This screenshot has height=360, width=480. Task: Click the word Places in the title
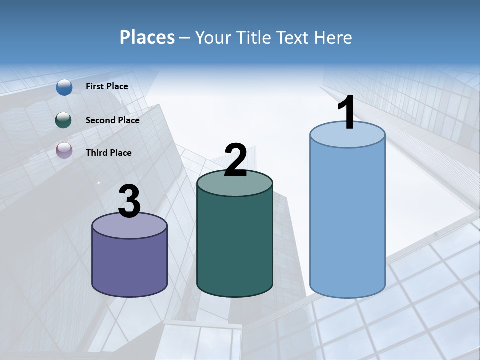pos(147,37)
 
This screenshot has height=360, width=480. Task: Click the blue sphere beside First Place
pos(64,87)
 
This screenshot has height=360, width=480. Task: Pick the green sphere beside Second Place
pos(64,120)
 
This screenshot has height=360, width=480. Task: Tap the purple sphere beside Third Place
pos(64,151)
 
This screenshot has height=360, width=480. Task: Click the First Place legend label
pos(107,86)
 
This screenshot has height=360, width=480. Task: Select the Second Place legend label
pos(112,120)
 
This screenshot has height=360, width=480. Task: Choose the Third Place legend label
pos(108,153)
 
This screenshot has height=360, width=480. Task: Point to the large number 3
pos(130,201)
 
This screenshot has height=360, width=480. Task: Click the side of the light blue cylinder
pos(347,220)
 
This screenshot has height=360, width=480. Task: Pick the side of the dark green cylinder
pos(235,245)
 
